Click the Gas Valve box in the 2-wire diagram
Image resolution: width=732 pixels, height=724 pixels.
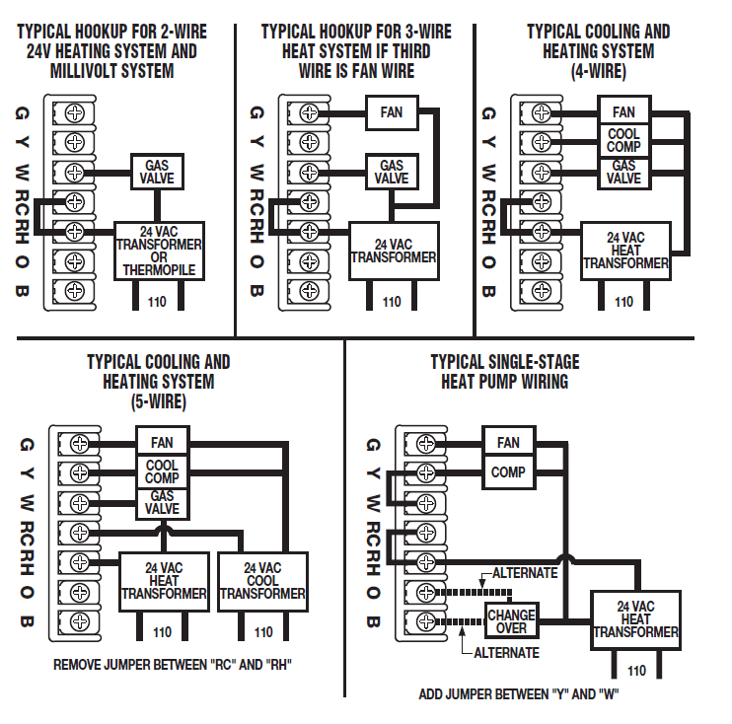click(159, 172)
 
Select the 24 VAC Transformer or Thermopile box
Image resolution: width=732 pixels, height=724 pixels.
click(159, 251)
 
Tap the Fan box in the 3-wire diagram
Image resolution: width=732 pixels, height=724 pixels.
click(391, 112)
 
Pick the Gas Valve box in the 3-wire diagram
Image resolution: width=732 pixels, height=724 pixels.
click(393, 172)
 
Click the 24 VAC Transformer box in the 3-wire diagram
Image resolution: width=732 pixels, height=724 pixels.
click(393, 251)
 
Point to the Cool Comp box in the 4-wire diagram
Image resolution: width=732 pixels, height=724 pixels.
click(623, 141)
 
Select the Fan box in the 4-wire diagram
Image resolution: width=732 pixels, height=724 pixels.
click(623, 112)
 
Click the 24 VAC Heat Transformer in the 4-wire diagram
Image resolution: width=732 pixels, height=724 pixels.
click(625, 251)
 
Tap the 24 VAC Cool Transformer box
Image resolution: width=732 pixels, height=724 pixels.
click(262, 581)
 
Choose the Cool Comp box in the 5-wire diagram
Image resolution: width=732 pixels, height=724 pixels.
click(162, 471)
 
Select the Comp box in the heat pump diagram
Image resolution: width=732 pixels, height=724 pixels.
click(508, 472)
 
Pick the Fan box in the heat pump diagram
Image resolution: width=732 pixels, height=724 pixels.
click(508, 442)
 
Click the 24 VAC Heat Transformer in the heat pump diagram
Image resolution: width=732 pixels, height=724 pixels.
click(635, 619)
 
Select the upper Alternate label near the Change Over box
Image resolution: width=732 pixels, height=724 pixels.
click(525, 573)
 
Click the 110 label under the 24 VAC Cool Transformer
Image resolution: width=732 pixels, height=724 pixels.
click(262, 632)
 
